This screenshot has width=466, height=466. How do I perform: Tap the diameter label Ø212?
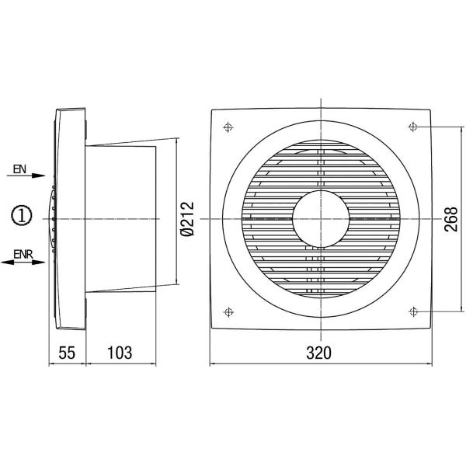(x=186, y=217)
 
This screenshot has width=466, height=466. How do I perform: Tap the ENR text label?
(x=23, y=253)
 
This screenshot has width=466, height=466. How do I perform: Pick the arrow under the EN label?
(x=28, y=177)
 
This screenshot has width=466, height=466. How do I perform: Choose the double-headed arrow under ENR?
(x=23, y=263)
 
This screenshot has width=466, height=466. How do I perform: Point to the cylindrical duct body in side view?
(x=124, y=217)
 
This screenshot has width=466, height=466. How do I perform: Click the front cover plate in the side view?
(x=68, y=217)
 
